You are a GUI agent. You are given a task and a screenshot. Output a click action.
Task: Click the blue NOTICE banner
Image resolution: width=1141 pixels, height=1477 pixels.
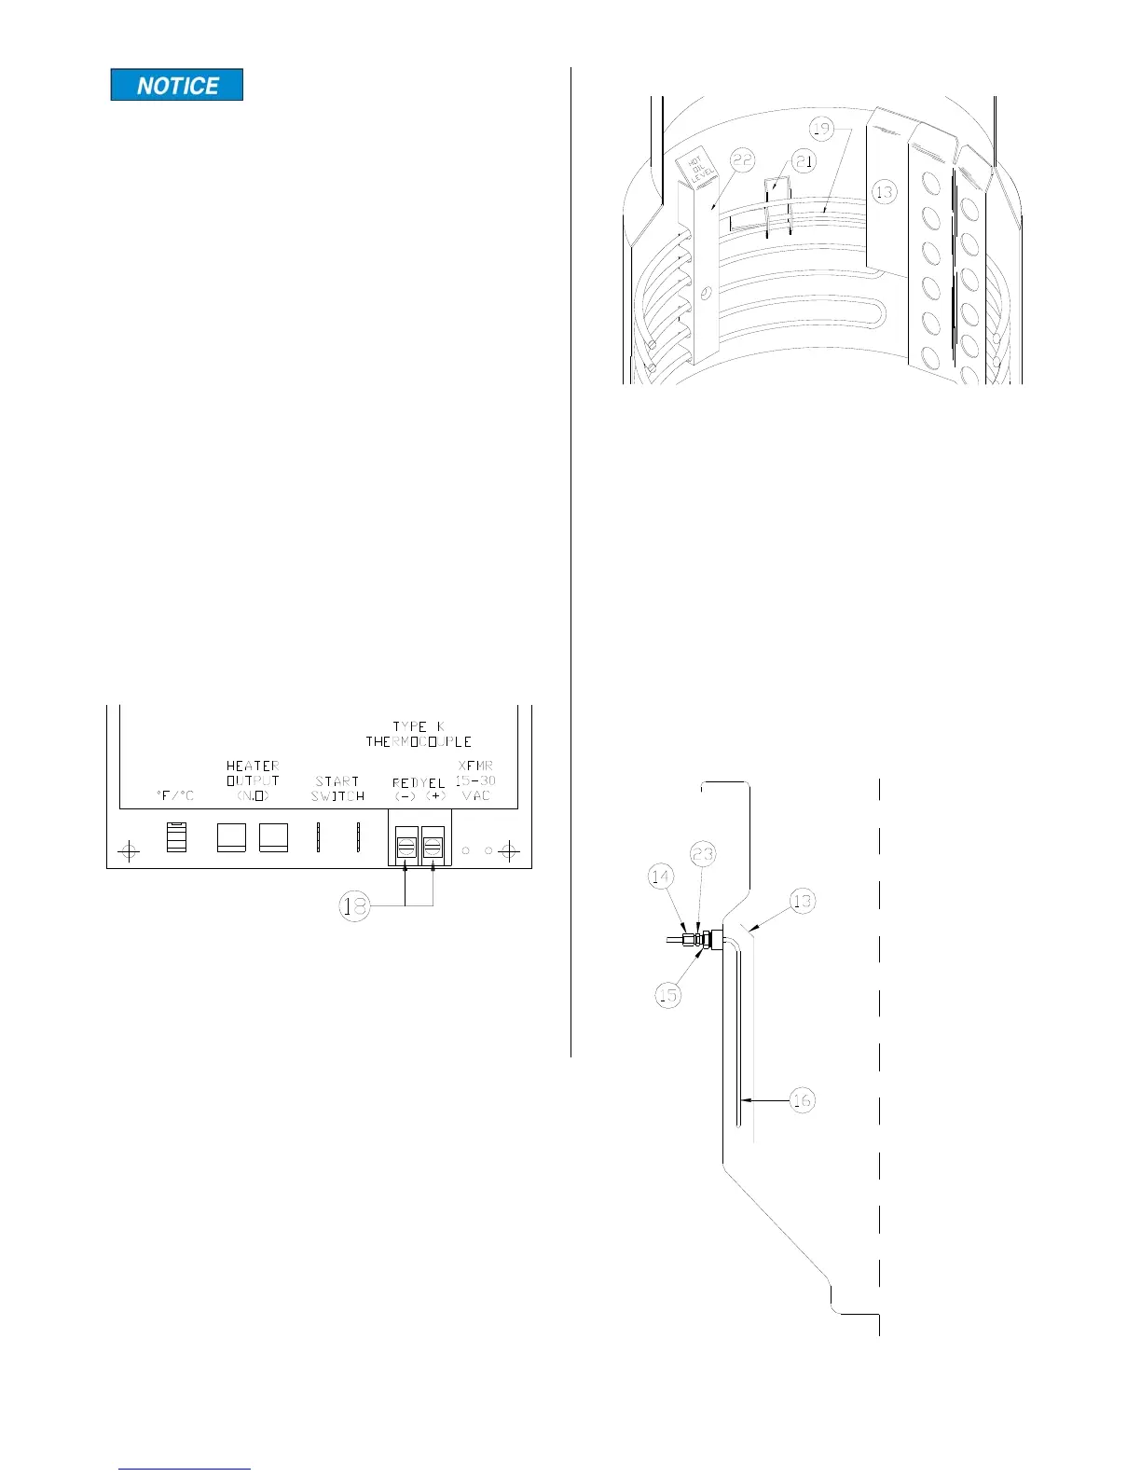point(177,85)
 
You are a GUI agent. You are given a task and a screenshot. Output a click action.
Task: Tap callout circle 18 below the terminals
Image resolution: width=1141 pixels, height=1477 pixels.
point(354,905)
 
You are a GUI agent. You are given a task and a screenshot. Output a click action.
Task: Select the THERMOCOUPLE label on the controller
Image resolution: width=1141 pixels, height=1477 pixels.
point(419,742)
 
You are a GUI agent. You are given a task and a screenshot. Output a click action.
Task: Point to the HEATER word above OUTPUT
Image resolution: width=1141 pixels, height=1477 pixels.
point(253,766)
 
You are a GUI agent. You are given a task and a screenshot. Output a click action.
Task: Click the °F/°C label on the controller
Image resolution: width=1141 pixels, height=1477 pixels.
point(175,795)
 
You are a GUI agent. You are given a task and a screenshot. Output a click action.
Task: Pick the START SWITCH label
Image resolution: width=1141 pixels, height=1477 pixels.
point(337,789)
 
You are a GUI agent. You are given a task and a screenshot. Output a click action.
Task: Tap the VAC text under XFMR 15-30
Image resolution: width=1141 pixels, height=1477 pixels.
point(476,795)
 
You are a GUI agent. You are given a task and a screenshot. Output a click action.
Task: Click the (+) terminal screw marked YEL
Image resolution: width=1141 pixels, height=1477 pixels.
point(433,847)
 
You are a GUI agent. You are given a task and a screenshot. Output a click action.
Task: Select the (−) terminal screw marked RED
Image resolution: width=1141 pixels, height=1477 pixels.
point(406,847)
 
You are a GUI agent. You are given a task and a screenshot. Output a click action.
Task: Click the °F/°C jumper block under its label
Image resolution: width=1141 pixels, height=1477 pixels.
point(176,836)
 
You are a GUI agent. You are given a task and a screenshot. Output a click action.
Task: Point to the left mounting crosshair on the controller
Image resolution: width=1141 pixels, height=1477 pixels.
point(129,851)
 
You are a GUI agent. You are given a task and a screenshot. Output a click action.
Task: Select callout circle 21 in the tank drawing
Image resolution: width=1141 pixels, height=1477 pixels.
point(804,161)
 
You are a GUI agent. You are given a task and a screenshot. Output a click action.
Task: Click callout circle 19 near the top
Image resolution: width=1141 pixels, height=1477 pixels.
point(820,128)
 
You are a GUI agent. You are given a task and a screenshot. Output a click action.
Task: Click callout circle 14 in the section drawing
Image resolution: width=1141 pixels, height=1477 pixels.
point(660,877)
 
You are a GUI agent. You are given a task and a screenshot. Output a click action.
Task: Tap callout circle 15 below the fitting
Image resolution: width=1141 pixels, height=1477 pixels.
point(667,995)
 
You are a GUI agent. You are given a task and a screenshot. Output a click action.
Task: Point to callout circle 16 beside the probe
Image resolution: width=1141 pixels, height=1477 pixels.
point(802,1100)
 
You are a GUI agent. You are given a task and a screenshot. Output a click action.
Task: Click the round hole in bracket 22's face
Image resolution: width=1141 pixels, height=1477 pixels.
point(707,294)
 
